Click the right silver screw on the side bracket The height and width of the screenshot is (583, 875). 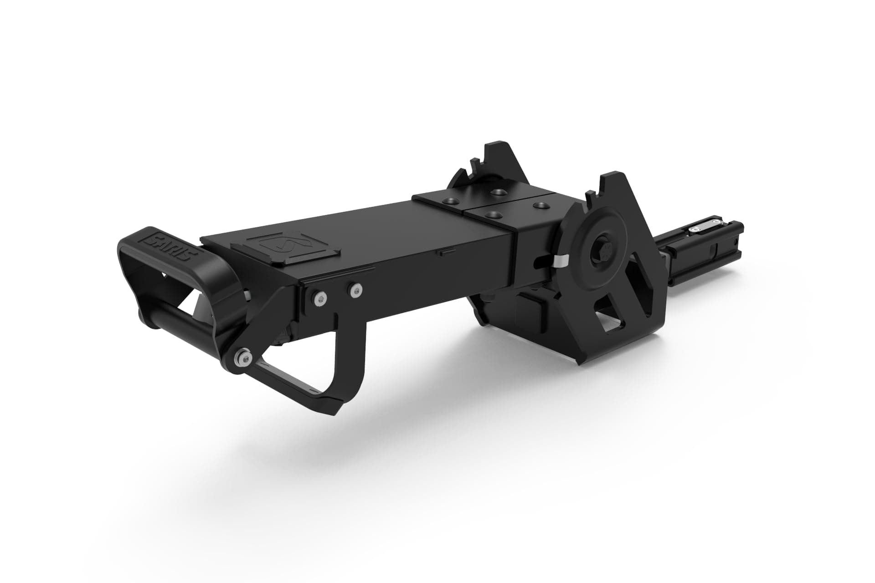pos(355,288)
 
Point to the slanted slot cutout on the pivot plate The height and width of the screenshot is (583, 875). pos(643,291)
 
